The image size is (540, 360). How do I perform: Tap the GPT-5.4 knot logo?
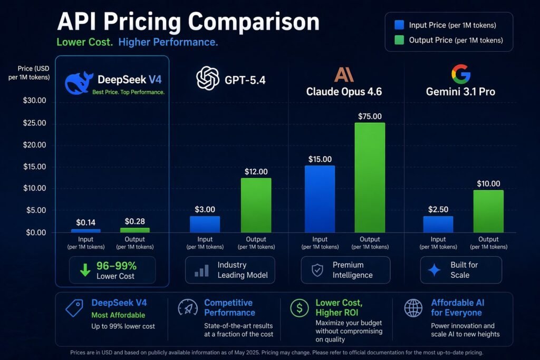click(x=207, y=79)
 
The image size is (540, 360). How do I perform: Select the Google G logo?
click(x=460, y=74)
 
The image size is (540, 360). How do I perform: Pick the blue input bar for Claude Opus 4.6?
click(x=320, y=199)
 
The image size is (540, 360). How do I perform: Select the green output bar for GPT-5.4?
click(x=256, y=205)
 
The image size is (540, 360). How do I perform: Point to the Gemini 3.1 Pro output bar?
click(x=488, y=211)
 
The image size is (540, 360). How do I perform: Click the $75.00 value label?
click(x=370, y=116)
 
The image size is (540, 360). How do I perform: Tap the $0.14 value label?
click(x=85, y=222)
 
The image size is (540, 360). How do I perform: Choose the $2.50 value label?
click(x=438, y=210)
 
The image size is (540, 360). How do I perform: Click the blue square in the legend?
click(x=399, y=25)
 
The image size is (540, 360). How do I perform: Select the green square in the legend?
click(x=399, y=40)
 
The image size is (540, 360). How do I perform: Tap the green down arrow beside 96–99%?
click(x=85, y=270)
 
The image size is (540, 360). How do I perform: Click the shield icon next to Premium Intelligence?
click(x=317, y=270)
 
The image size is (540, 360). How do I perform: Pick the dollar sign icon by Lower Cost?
click(x=300, y=308)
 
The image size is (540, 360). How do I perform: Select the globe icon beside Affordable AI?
click(x=412, y=308)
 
